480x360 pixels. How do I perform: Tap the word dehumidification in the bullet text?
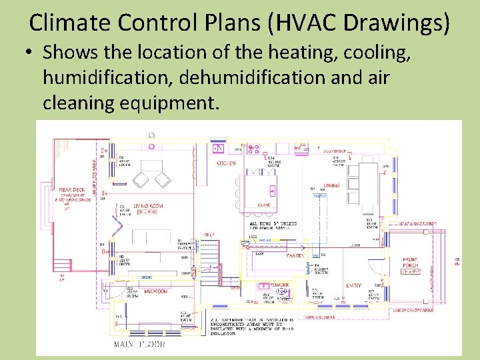[x=226, y=78]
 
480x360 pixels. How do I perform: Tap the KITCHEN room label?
[x=225, y=163]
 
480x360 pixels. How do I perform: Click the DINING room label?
[x=331, y=186]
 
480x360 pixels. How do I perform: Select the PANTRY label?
[x=295, y=255]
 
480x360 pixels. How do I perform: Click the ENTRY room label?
[x=354, y=285]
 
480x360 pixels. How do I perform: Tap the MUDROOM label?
[x=155, y=291]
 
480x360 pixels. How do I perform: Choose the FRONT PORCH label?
[x=410, y=264]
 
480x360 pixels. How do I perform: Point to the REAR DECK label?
[x=70, y=191]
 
